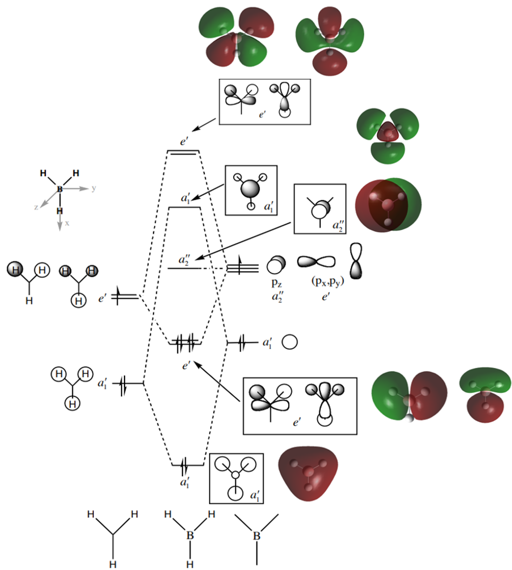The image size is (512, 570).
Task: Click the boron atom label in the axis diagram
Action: (x=60, y=188)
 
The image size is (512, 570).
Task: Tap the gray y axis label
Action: (x=93, y=188)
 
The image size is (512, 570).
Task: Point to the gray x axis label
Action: (x=67, y=223)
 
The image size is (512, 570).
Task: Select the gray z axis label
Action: (x=36, y=207)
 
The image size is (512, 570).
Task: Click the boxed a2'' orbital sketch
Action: (x=319, y=208)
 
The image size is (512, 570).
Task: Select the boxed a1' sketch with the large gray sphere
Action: (x=251, y=190)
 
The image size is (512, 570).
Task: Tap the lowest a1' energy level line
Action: (x=188, y=465)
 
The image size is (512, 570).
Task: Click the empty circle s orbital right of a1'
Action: (x=290, y=342)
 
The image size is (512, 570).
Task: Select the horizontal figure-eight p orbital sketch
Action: (x=316, y=261)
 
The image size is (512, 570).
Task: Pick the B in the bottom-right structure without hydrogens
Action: (x=257, y=537)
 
